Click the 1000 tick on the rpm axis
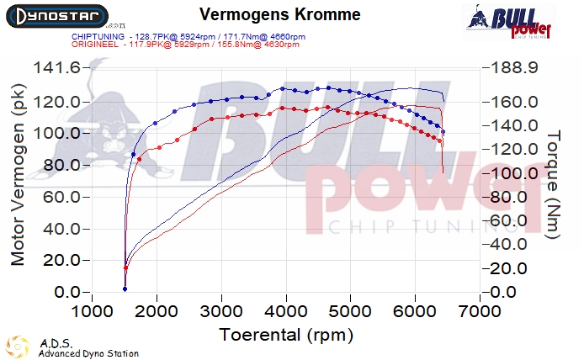pyautogui.click(x=92, y=310)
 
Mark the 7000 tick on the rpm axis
pyautogui.click(x=480, y=310)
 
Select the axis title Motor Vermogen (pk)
pyautogui.click(x=18, y=181)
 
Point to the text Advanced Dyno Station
pyautogui.click(x=88, y=353)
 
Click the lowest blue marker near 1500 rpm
pyautogui.click(x=125, y=289)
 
